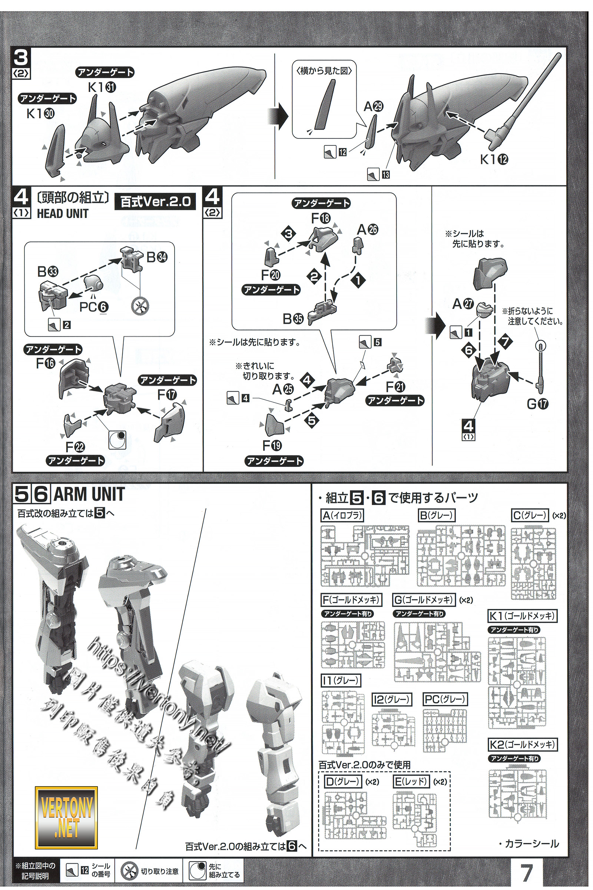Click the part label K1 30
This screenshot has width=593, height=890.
point(40,113)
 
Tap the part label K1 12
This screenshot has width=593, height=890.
point(494,159)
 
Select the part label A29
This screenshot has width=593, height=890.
point(373,107)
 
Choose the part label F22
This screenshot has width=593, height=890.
point(75,447)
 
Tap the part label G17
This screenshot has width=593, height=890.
point(537,405)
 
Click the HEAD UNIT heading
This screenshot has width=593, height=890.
point(62,214)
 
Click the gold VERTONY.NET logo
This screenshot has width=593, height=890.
point(66,818)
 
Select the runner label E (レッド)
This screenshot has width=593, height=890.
point(411,781)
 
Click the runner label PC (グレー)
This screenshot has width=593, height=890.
point(445,699)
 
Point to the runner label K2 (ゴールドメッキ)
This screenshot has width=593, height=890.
point(522,745)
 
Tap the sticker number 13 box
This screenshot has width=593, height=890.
point(385,175)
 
